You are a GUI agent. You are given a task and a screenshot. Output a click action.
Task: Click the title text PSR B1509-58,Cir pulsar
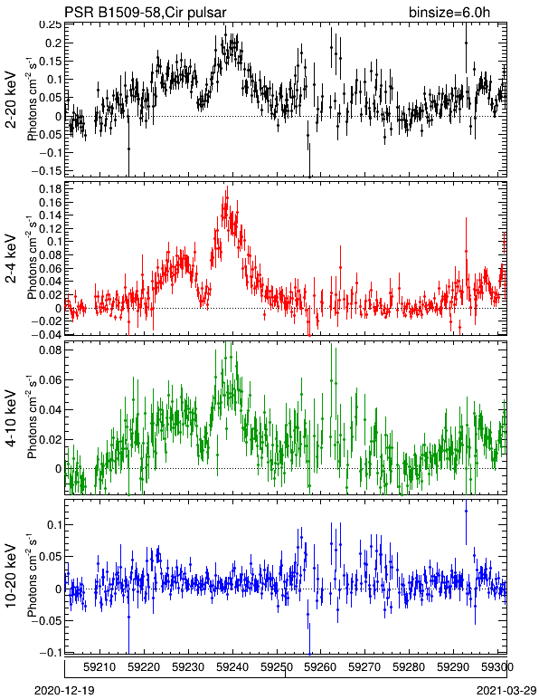click(x=146, y=12)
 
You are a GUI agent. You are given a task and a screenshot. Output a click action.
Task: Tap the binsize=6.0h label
click(x=449, y=12)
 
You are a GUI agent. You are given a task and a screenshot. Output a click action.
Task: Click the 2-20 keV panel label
click(x=11, y=100)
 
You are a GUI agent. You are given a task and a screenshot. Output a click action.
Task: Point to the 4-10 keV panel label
click(x=11, y=418)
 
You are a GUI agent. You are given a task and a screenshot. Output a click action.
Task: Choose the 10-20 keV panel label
click(x=11, y=576)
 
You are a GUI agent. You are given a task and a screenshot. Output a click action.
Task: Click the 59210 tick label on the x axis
click(x=100, y=667)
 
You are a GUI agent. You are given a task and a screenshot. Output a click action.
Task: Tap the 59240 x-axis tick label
click(x=232, y=667)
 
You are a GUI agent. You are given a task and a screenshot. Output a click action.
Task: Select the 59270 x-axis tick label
click(x=365, y=667)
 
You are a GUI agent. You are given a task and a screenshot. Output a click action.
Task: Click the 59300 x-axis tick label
click(x=497, y=667)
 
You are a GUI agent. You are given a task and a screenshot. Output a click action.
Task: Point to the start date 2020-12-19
click(x=64, y=691)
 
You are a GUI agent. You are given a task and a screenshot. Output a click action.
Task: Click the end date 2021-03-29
click(x=506, y=691)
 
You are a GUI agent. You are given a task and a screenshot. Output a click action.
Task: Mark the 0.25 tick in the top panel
click(x=50, y=25)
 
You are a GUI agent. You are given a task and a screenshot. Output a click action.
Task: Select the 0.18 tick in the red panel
click(x=50, y=189)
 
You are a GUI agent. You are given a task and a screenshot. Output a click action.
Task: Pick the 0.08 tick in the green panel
click(x=50, y=349)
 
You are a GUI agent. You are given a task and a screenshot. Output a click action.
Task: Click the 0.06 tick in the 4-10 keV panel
click(x=50, y=379)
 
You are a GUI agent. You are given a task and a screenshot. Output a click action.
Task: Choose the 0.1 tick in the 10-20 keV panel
click(x=53, y=524)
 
